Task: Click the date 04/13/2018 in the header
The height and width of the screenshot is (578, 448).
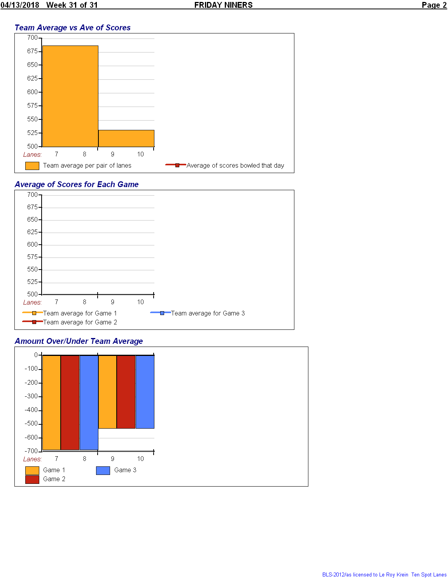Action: click(20, 5)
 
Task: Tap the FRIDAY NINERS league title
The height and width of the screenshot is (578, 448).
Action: click(223, 5)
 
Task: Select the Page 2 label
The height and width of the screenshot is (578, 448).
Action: click(434, 5)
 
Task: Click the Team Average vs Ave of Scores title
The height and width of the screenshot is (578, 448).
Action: click(72, 28)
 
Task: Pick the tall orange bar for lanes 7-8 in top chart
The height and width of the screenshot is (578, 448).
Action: click(70, 96)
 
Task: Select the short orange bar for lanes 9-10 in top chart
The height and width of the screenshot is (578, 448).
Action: click(126, 138)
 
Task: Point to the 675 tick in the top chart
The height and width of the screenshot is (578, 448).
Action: click(32, 51)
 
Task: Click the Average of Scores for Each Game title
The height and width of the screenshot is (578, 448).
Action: click(77, 184)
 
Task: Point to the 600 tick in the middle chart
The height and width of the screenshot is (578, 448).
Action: click(32, 244)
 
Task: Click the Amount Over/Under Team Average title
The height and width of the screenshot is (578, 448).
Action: click(79, 341)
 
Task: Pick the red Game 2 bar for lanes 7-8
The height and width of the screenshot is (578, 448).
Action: click(70, 402)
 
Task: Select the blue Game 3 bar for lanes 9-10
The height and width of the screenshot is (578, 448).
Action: click(145, 392)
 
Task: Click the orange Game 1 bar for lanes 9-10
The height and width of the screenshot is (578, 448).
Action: click(107, 392)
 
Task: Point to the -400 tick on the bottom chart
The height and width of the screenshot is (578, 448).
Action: click(31, 410)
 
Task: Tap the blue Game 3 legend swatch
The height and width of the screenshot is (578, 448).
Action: click(103, 470)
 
